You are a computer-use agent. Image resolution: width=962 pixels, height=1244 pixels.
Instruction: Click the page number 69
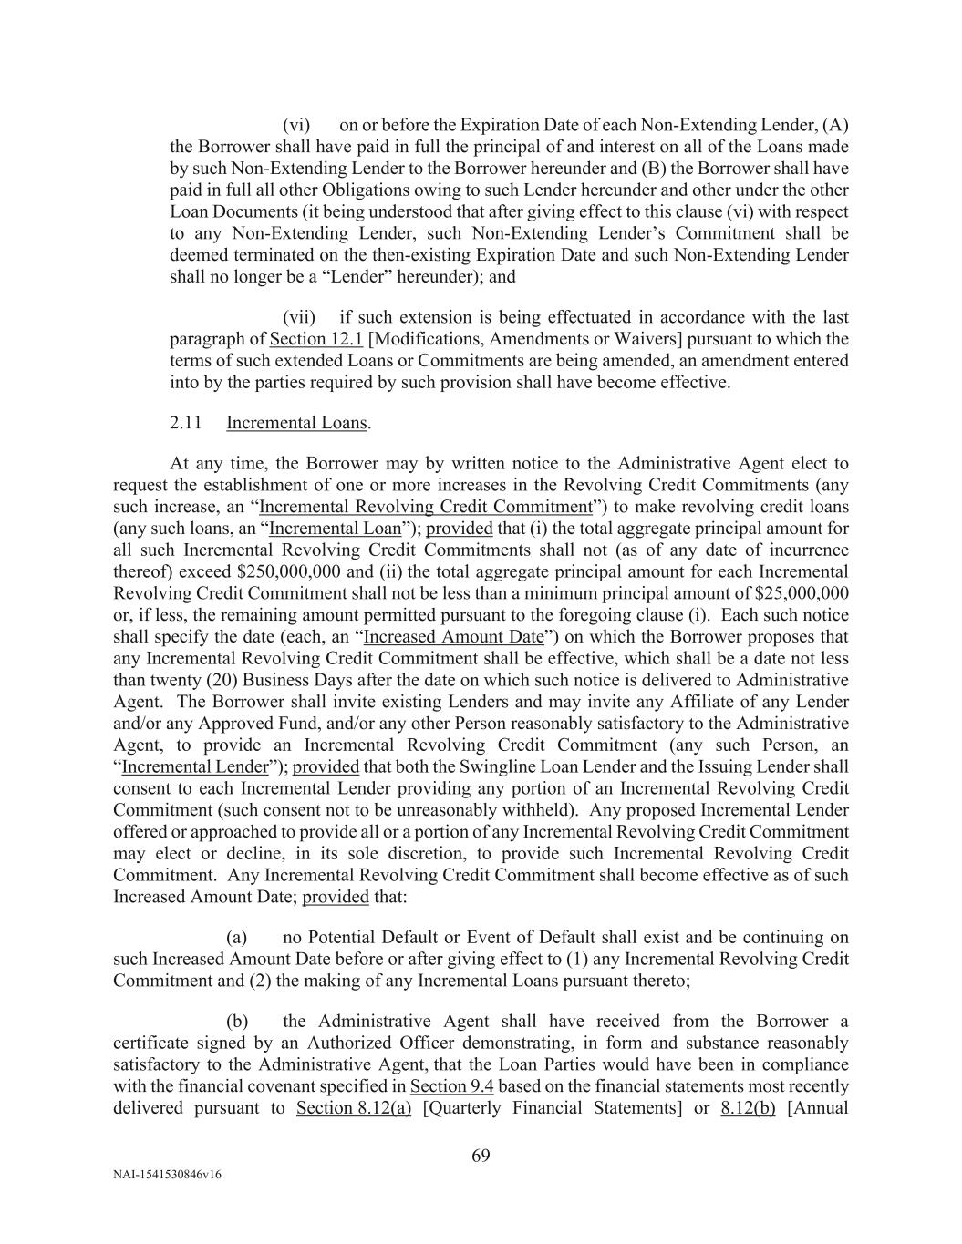click(481, 1157)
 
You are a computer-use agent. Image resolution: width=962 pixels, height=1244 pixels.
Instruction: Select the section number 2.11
click(186, 423)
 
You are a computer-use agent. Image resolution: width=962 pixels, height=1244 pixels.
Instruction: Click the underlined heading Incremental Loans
click(297, 423)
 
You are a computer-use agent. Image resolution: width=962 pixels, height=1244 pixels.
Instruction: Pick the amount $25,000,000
click(797, 593)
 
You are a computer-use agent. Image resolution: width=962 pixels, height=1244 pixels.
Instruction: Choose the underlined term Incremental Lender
click(195, 766)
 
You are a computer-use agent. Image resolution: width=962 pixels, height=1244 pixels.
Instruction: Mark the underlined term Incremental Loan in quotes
click(336, 529)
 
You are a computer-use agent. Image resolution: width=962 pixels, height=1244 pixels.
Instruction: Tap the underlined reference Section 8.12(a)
click(354, 1108)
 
